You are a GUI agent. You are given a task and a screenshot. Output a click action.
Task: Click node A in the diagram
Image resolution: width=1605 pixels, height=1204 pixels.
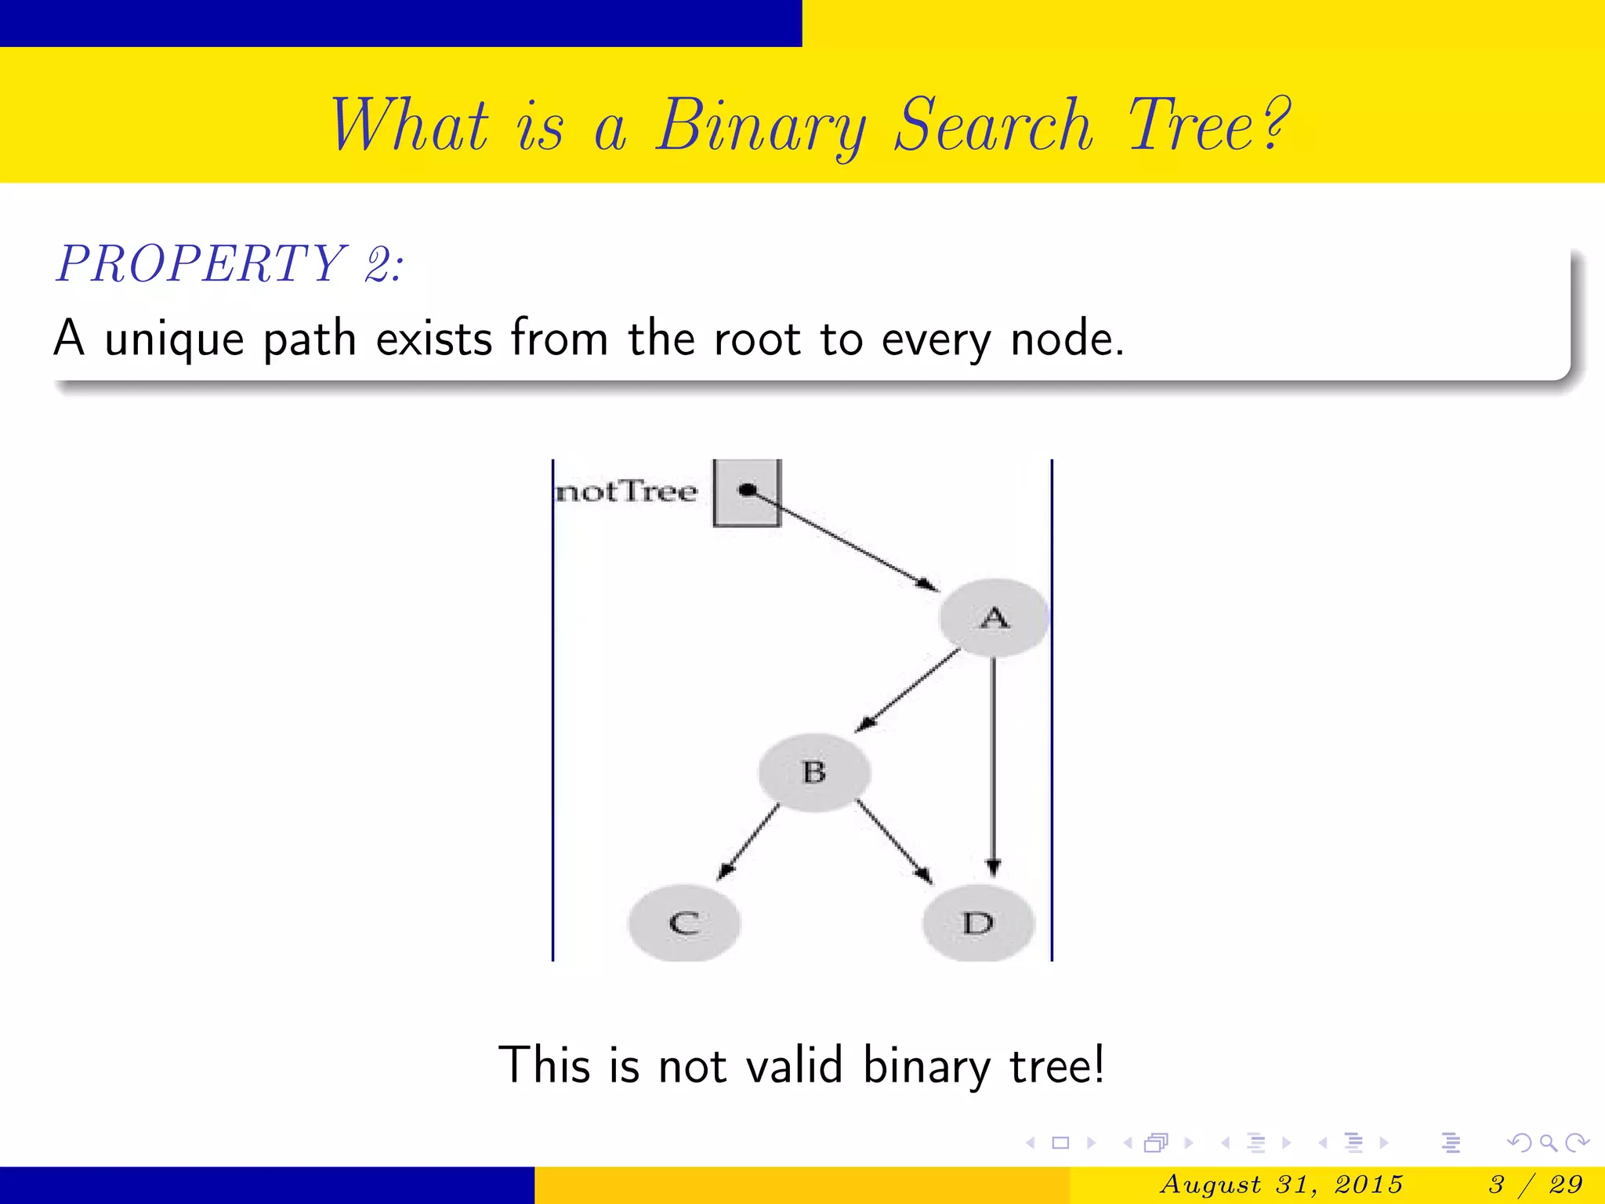994,618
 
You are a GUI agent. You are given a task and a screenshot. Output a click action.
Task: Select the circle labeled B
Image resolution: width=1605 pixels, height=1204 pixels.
814,772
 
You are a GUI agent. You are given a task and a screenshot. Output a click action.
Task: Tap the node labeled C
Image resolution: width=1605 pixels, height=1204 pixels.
684,923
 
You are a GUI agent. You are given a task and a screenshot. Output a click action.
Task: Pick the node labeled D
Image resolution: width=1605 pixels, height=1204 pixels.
978,923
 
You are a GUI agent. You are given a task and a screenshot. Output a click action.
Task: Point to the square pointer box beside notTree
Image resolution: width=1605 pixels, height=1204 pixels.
747,492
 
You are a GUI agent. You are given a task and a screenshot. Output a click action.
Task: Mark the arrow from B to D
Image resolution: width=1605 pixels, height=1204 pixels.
893,841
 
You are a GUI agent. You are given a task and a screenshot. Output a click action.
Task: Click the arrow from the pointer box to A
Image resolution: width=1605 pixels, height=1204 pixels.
842,539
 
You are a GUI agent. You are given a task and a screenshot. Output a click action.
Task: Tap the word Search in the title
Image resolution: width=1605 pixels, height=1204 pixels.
994,125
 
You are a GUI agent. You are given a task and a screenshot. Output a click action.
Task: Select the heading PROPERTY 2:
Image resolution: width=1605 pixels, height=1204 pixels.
230,263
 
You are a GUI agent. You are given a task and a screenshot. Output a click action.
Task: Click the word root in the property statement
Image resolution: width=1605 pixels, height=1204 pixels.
756,340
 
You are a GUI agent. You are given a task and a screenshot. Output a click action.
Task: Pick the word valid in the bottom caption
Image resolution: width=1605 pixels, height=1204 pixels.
793,1066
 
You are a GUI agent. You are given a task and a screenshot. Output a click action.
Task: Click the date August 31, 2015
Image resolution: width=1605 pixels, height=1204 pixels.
1282,1184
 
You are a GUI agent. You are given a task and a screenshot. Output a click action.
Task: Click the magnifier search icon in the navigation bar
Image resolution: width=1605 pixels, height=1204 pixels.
1547,1143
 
